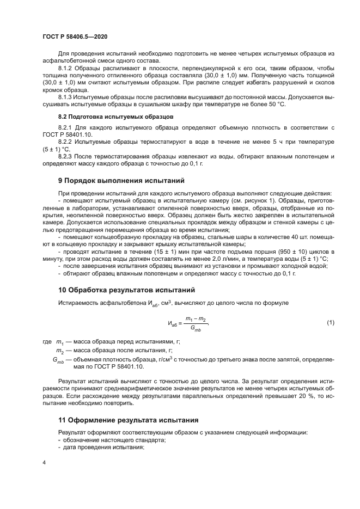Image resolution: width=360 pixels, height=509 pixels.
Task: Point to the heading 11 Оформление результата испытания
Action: tap(128, 420)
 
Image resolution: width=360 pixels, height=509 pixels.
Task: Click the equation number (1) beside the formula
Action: tap(330, 323)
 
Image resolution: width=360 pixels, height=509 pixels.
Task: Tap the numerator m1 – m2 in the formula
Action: tap(195, 318)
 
